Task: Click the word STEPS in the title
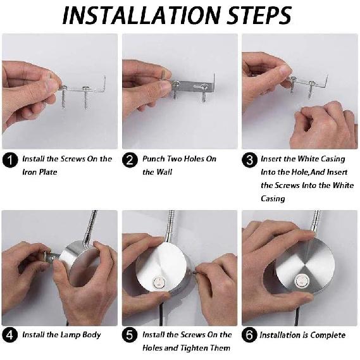click(x=259, y=15)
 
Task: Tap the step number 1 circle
click(x=10, y=160)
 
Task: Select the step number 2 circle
click(x=130, y=160)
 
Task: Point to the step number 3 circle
click(x=249, y=160)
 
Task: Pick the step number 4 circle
click(x=10, y=335)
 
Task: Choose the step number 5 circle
click(x=130, y=335)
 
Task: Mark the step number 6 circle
click(x=249, y=335)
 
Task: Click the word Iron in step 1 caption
click(x=28, y=172)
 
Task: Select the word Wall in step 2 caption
click(x=164, y=172)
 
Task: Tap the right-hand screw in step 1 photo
click(x=86, y=97)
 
